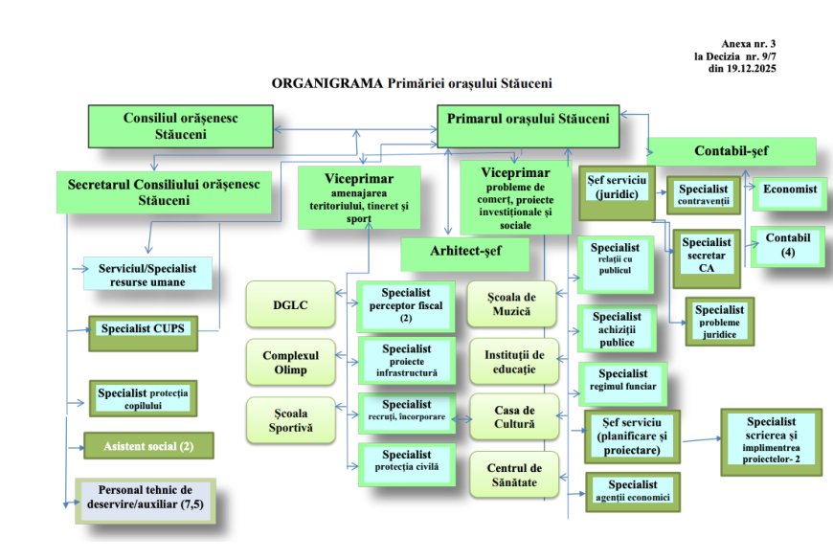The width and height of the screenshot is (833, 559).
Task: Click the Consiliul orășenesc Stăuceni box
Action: [x=181, y=125]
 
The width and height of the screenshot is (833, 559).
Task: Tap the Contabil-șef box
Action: [x=732, y=151]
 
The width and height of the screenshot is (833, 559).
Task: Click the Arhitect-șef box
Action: [x=464, y=253]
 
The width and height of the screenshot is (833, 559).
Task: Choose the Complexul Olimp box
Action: [x=290, y=362]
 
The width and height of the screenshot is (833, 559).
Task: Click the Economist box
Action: [x=790, y=190]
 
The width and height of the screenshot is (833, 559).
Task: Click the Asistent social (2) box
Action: [x=147, y=445]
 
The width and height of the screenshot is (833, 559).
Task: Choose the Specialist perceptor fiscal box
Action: [x=405, y=304]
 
